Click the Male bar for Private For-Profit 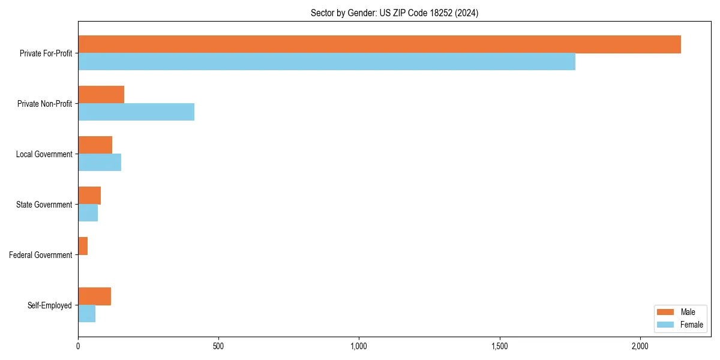[x=379, y=44]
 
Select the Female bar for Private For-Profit [x=326, y=62]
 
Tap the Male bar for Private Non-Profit [x=101, y=95]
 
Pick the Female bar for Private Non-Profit [x=136, y=112]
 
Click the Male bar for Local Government [x=95, y=145]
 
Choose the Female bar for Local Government [x=100, y=163]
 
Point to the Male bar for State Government [x=89, y=196]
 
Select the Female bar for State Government [x=88, y=213]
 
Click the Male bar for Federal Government [x=83, y=246]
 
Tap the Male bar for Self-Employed [x=94, y=296]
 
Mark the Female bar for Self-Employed [x=86, y=314]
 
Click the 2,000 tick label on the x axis [x=640, y=346]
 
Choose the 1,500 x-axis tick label [x=499, y=346]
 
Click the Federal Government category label [x=41, y=255]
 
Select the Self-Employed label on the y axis [x=50, y=305]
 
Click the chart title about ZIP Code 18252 [x=394, y=13]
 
